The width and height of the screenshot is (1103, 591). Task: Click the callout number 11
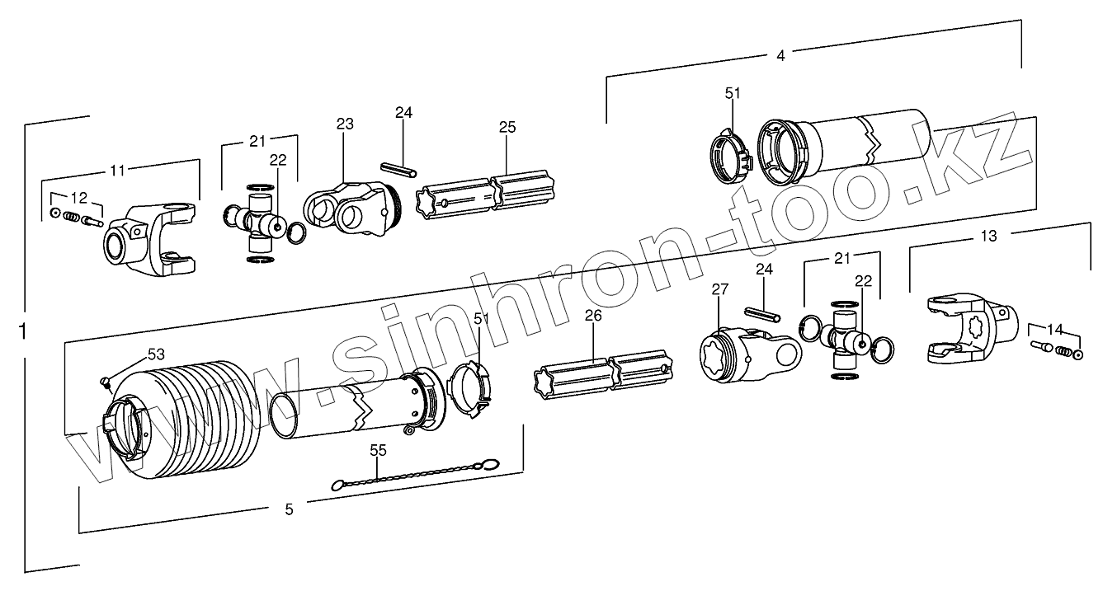coord(118,171)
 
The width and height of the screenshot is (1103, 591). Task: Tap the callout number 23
coord(344,124)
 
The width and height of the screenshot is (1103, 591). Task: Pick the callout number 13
coord(988,237)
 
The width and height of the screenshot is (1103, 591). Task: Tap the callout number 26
coord(593,315)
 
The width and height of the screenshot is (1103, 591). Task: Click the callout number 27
coord(720,288)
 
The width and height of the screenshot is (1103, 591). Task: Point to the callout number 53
coord(156,354)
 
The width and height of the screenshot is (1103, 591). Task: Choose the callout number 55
coord(378,451)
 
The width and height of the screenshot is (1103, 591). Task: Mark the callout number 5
coord(289,509)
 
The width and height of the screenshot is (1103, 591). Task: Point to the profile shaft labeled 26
coord(606,369)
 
